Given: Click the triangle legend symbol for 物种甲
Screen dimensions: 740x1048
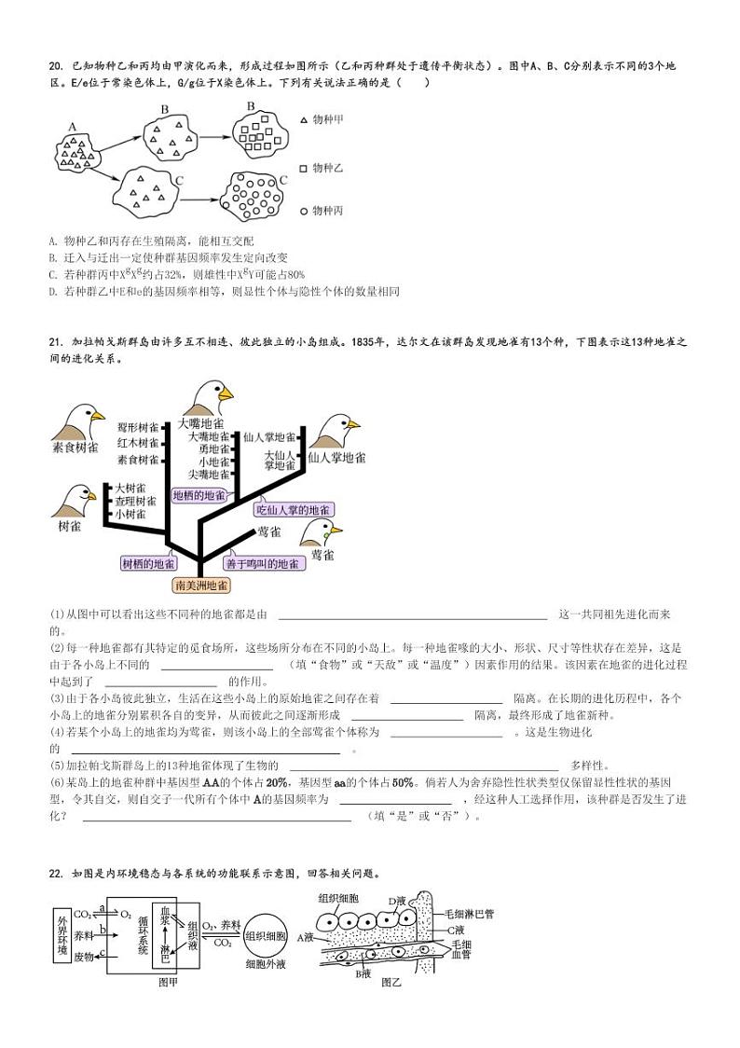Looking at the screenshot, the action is coord(303,120).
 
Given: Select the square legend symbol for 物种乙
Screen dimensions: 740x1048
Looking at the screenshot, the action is coord(303,168).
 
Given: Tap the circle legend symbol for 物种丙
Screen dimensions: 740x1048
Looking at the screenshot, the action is coord(303,212).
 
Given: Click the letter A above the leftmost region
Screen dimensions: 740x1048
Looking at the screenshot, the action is coord(72,128).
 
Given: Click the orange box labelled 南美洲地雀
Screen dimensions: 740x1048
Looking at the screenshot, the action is coord(201,586).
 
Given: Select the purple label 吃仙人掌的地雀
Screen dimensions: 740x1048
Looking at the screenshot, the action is coord(294,510).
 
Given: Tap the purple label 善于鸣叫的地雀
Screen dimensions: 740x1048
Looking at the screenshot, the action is coord(262,563).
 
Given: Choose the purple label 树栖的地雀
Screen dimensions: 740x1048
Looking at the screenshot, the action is coord(148,563).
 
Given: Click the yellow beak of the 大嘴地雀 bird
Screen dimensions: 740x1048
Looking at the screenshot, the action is coord(226,395).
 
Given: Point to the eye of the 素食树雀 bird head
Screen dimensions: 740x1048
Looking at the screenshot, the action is coord(82,414).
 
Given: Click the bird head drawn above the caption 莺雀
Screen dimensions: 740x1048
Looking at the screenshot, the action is coord(320,532).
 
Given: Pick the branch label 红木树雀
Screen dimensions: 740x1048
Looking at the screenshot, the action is coord(138,442).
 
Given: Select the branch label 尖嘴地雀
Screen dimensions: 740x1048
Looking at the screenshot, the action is coord(208,474).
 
